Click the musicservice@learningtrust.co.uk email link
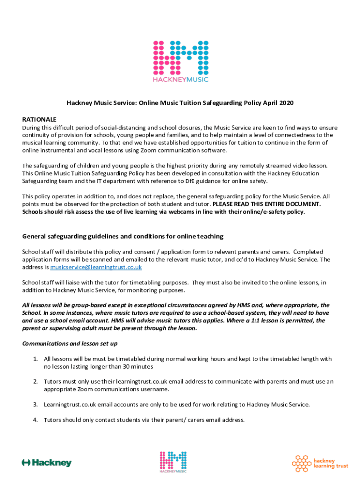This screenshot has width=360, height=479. point(96,267)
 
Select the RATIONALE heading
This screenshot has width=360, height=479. point(39,119)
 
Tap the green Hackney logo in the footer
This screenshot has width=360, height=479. point(47,463)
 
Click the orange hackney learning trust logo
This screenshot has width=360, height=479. point(320,463)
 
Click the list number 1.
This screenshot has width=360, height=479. point(35,359)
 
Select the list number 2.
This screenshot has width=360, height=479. point(35,381)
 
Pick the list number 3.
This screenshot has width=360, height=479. point(35,404)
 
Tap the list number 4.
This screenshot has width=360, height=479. point(35,420)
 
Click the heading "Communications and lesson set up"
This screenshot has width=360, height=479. point(70,343)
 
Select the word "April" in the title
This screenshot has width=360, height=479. point(268,103)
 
